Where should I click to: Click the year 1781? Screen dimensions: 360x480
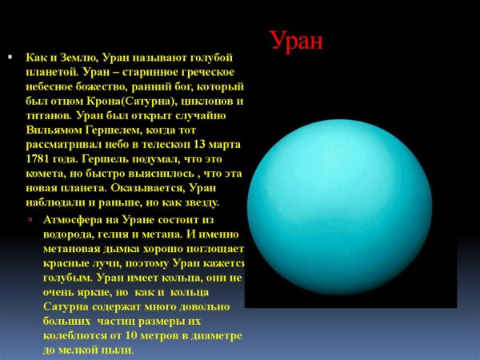(39, 159)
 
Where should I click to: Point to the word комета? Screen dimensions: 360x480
(49, 174)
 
